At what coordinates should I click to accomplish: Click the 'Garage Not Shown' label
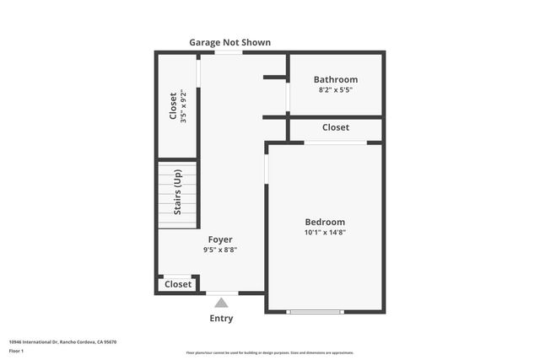(x=229, y=42)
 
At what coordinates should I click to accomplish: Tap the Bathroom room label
(x=335, y=79)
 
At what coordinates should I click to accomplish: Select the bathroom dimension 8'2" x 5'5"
(x=335, y=89)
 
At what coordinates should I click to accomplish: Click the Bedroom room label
(x=325, y=222)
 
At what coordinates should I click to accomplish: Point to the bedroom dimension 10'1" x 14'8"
(x=325, y=233)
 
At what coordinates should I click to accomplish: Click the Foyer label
(x=220, y=239)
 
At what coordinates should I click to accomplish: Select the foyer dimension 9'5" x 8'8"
(x=220, y=250)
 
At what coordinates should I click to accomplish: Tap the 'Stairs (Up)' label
(x=177, y=192)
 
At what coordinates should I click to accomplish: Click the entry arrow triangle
(x=221, y=303)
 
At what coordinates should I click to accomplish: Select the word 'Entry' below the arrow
(x=221, y=319)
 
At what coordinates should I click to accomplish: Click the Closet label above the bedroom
(x=335, y=128)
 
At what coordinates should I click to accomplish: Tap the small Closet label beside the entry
(x=178, y=285)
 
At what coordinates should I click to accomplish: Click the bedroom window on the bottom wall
(x=315, y=312)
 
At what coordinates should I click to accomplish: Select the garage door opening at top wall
(x=227, y=53)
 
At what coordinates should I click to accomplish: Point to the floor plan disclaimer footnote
(x=269, y=352)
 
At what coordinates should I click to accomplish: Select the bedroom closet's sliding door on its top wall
(x=335, y=142)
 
